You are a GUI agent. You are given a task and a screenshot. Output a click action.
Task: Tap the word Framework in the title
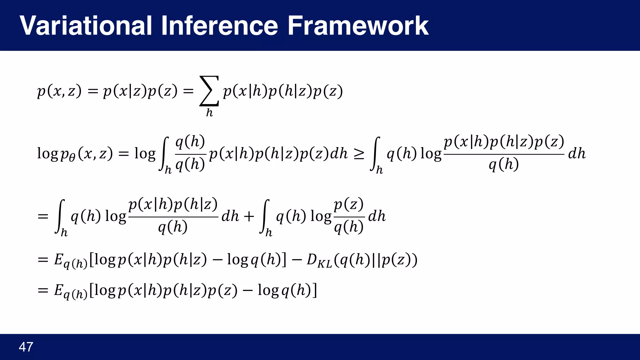pos(357,26)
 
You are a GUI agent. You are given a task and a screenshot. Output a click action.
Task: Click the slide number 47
pos(26,347)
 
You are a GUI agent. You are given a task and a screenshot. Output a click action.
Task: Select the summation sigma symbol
pos(209,91)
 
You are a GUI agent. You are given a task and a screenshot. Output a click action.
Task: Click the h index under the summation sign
pos(209,112)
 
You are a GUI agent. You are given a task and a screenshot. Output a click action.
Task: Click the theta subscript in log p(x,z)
pos(72,158)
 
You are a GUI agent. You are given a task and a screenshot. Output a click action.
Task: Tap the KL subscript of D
pos(325,264)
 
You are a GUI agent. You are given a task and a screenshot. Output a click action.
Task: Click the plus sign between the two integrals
pos(249,216)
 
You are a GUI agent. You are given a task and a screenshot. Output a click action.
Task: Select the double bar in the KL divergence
pos(376,260)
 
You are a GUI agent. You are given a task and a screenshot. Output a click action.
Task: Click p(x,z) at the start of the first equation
pos(59,91)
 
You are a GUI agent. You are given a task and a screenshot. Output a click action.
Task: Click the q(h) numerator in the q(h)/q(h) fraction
pos(190,142)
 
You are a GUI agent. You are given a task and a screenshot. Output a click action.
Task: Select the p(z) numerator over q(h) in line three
pos(348,205)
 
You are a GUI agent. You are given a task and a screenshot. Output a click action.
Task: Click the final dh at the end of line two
pos(577,153)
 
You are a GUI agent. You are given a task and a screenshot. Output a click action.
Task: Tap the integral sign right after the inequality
pos(376,154)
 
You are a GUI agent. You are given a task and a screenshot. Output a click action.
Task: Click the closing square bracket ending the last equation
pos(314,290)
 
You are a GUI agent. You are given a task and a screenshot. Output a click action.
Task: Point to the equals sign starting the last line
pos(43,290)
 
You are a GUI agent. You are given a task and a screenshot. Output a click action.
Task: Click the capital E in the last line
pos(58,290)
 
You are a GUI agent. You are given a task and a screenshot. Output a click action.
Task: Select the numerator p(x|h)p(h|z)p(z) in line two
pos(504,142)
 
